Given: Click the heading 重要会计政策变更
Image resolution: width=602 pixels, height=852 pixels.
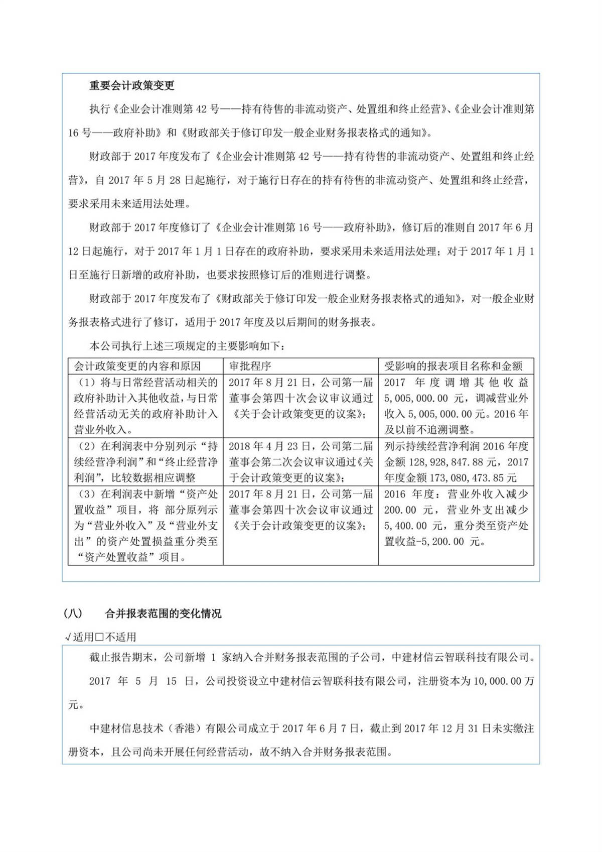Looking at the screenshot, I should tap(131, 85).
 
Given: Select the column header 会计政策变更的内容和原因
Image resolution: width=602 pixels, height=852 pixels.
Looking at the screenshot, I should tap(137, 366).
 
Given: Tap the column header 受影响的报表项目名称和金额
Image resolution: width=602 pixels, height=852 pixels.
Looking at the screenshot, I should tap(453, 366).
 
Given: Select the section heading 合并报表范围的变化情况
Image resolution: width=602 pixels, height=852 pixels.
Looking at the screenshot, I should tap(163, 614).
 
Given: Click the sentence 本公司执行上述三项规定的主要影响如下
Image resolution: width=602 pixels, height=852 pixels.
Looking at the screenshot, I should tap(187, 346).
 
